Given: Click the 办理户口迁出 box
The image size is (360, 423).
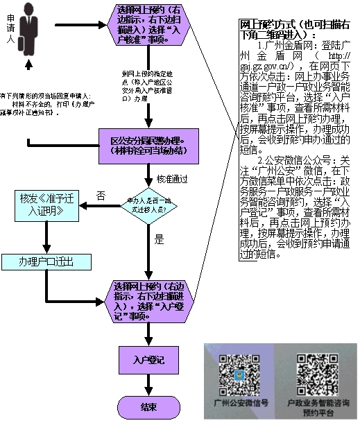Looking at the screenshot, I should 46,262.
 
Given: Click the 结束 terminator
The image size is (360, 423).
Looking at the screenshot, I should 148,406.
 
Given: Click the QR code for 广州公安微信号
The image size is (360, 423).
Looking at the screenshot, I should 239,375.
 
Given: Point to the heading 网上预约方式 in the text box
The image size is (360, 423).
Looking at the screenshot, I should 291,28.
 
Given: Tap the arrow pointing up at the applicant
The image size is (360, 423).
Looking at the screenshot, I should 28,64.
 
